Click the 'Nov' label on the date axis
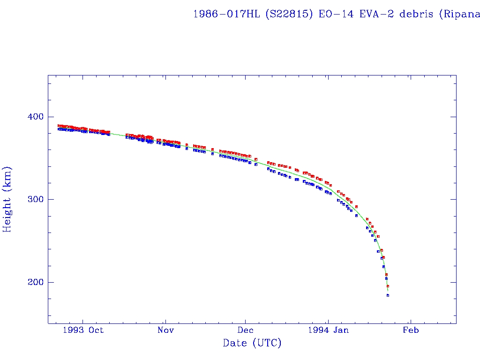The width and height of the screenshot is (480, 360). click(x=165, y=330)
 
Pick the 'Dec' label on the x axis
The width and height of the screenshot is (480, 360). click(x=246, y=330)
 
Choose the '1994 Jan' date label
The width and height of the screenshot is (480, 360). click(x=328, y=330)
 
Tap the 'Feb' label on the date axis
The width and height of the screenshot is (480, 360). click(x=411, y=330)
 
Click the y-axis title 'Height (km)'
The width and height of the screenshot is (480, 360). click(x=7, y=199)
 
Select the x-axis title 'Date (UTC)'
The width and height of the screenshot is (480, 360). click(x=252, y=343)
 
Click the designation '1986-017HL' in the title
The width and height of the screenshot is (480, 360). click(x=227, y=14)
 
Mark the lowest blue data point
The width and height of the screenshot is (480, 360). click(x=388, y=295)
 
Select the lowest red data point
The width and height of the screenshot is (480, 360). click(x=388, y=286)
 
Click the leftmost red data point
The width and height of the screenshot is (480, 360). click(x=59, y=126)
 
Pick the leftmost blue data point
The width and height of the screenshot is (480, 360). click(x=59, y=129)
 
